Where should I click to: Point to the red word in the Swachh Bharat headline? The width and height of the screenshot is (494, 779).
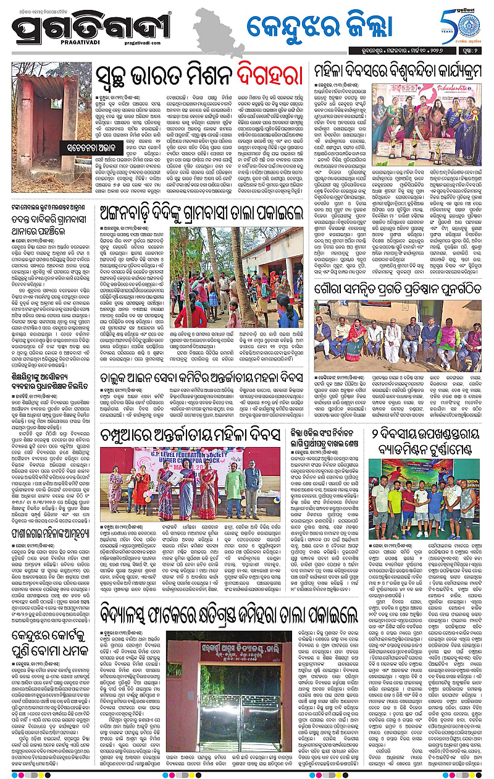(x=264, y=76)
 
